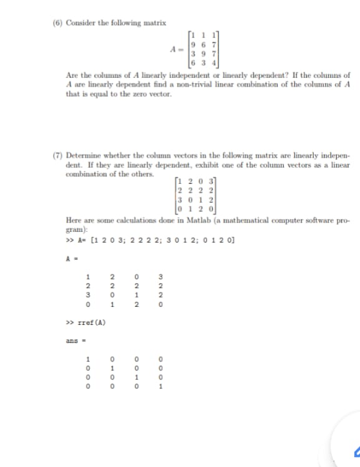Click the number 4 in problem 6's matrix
213,62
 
